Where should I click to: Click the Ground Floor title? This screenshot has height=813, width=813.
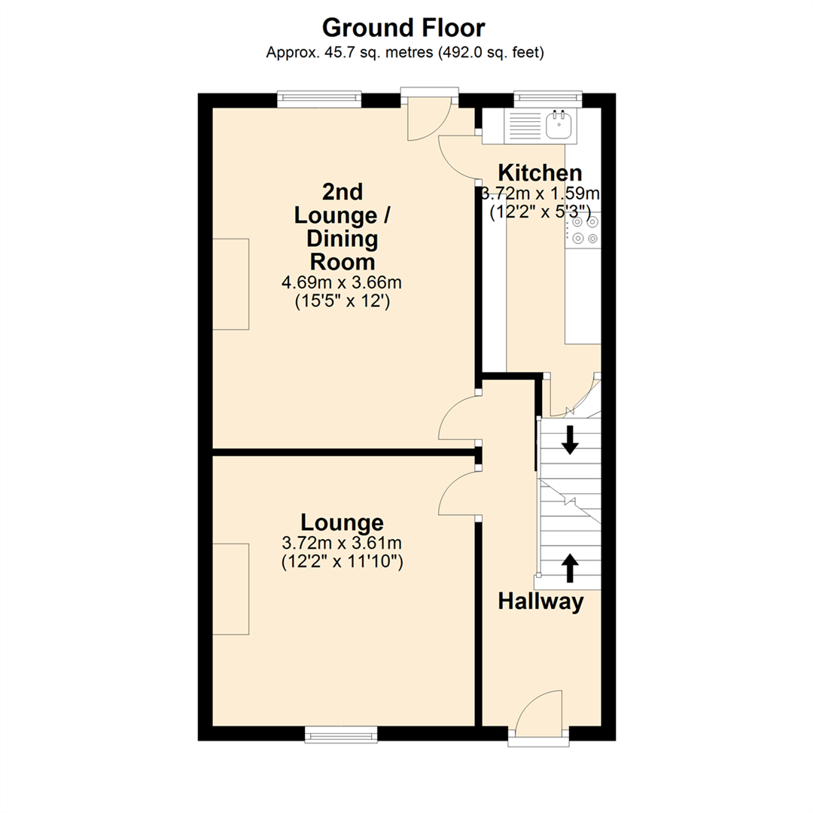pyautogui.click(x=403, y=28)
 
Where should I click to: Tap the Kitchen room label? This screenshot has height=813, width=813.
pyautogui.click(x=540, y=172)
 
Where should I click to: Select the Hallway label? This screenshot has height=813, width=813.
pyautogui.click(x=540, y=601)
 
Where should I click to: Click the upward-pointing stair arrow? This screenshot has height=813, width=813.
pyautogui.click(x=570, y=568)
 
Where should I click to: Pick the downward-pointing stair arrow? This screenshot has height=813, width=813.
pyautogui.click(x=570, y=440)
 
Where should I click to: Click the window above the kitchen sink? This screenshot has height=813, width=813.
pyautogui.click(x=547, y=99)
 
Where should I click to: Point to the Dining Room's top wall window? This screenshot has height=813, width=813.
pyautogui.click(x=319, y=99)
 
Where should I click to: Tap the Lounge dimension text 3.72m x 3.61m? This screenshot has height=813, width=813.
pyautogui.click(x=342, y=544)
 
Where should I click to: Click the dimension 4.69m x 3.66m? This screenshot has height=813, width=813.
pyautogui.click(x=342, y=282)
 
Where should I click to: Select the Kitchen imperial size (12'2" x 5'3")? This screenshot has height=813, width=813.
pyautogui.click(x=540, y=212)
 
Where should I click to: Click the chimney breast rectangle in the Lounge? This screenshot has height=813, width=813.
pyautogui.click(x=231, y=589)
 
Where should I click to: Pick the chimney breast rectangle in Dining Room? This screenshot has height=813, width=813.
pyautogui.click(x=231, y=284)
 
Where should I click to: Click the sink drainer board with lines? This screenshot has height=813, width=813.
pyautogui.click(x=525, y=125)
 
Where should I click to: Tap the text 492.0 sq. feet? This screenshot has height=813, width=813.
pyautogui.click(x=490, y=53)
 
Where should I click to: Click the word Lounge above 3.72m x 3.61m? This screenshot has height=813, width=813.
pyautogui.click(x=343, y=522)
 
